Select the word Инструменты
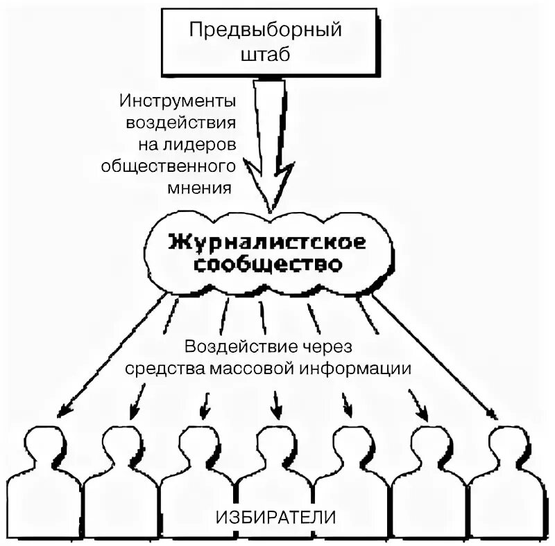178,101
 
